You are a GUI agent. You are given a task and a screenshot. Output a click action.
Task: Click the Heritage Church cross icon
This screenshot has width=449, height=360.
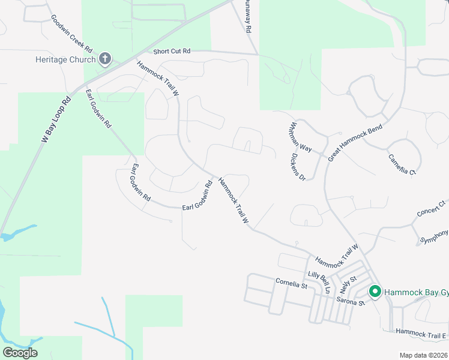[x=105, y=59]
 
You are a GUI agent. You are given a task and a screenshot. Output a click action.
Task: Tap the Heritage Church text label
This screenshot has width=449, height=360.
[x=65, y=59]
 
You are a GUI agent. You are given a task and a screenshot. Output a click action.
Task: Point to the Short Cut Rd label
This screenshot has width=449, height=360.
[x=172, y=52]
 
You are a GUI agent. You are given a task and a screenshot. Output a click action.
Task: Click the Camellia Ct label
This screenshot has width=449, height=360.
[x=402, y=163]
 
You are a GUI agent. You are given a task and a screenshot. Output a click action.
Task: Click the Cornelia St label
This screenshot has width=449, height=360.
[x=291, y=283]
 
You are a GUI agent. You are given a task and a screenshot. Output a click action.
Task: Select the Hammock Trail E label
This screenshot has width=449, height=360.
[x=421, y=334]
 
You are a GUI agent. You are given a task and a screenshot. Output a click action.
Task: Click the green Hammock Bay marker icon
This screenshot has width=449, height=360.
[x=375, y=292]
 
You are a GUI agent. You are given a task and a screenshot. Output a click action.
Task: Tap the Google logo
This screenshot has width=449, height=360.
[x=20, y=352]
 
